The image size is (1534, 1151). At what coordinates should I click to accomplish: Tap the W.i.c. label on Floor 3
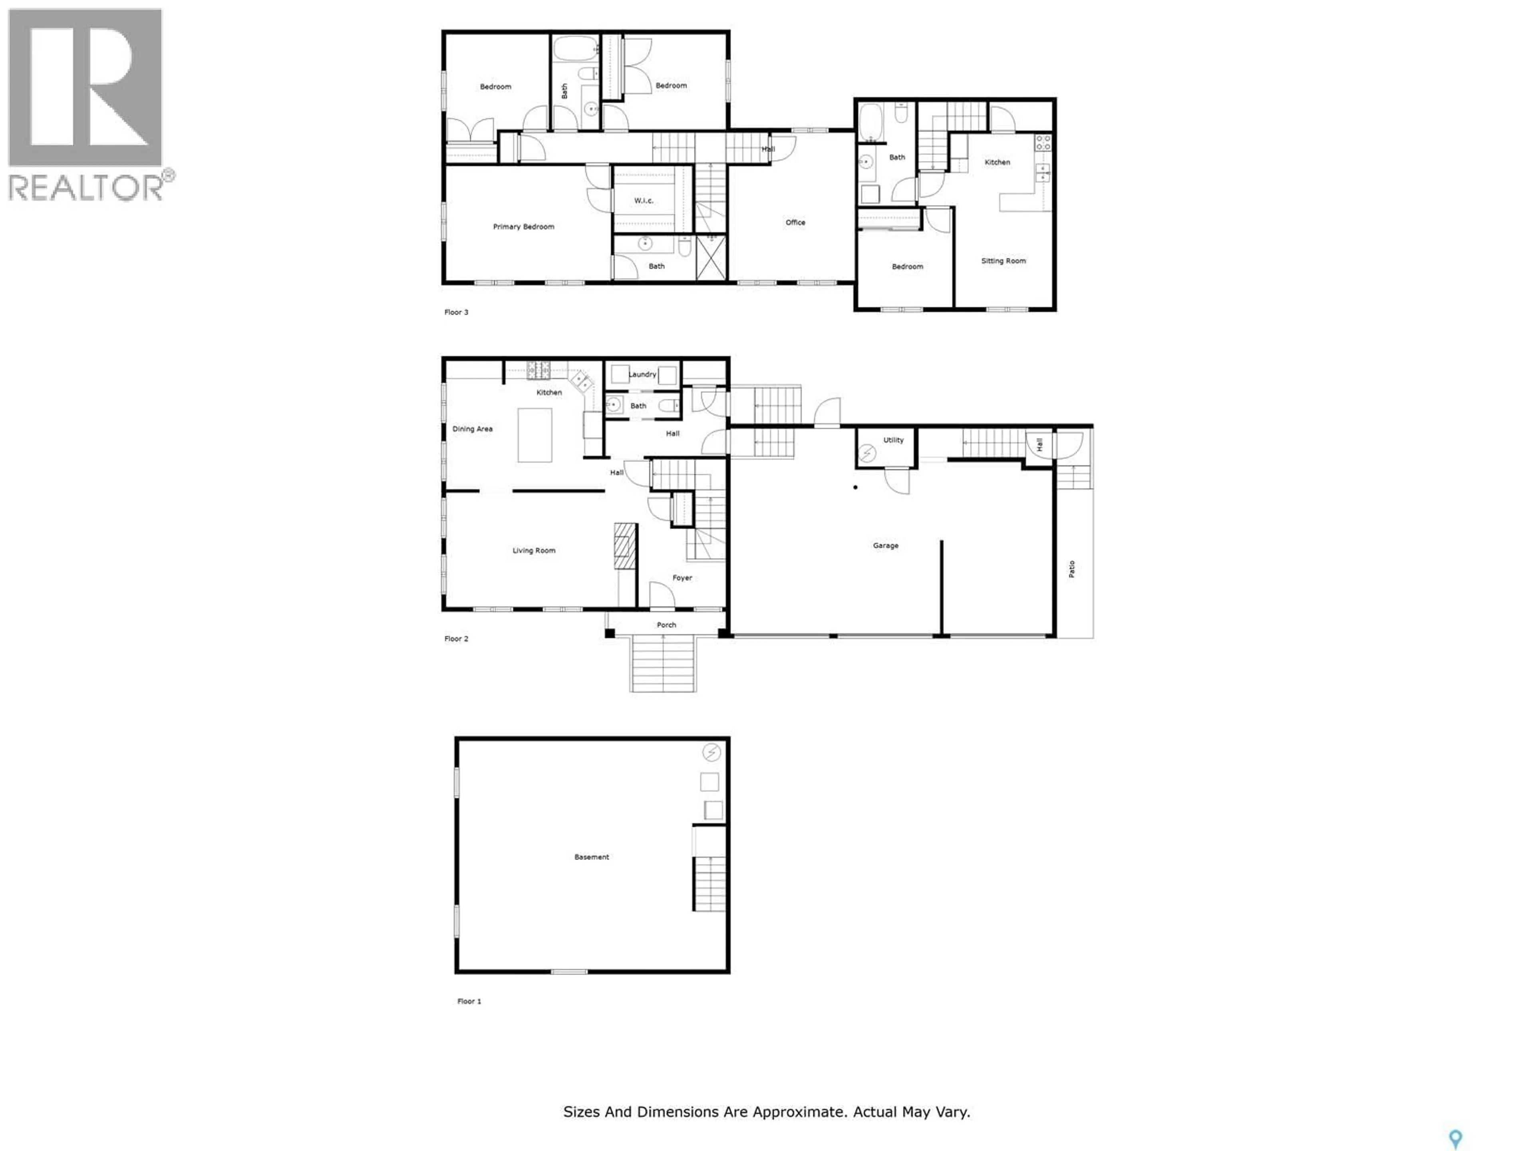pos(644,201)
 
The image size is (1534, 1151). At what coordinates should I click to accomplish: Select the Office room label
pos(795,223)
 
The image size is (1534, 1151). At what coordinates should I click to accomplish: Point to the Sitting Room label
pos(1003,261)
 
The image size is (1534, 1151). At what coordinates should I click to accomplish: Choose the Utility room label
pos(893,440)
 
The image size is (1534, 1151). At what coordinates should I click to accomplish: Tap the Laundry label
pos(642,374)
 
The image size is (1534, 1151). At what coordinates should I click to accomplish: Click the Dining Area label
pos(472,429)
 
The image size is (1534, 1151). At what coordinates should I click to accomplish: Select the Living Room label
pos(533,551)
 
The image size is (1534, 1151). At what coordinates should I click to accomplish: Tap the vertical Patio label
pos(1071,569)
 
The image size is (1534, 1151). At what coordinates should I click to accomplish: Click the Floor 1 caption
pos(469,1001)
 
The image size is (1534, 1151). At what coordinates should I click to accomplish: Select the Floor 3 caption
pos(456,312)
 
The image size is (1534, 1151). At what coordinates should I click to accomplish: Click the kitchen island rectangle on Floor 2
pos(535,435)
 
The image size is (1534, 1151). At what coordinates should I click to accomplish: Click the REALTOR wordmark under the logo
pos(87,187)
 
